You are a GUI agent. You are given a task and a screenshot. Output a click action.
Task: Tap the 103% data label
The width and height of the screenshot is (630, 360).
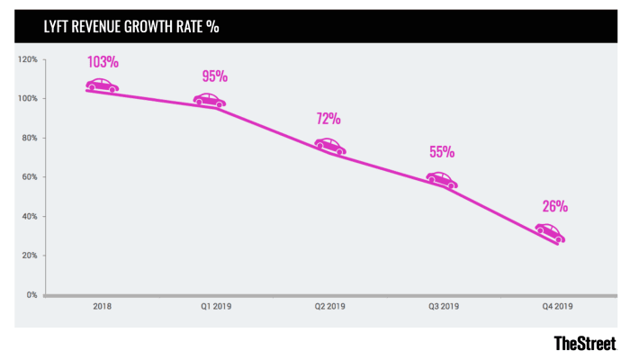click(x=103, y=63)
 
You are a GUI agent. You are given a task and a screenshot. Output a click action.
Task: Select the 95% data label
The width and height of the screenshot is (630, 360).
click(x=214, y=76)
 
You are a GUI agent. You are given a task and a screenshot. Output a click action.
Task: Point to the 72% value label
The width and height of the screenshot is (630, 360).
click(x=328, y=119)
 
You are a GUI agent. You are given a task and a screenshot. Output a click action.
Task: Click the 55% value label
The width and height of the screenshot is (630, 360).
click(x=442, y=152)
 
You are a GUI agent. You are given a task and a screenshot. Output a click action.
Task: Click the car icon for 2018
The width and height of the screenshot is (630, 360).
click(x=103, y=85)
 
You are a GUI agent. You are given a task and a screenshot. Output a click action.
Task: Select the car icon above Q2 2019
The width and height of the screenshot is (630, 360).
click(x=329, y=146)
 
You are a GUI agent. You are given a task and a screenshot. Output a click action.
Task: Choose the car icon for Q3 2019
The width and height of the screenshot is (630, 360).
click(x=442, y=180)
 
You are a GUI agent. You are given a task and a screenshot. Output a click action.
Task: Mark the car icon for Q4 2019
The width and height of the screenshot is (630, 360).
click(x=550, y=233)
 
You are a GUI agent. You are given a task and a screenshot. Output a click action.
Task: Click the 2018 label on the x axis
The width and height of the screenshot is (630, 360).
click(x=103, y=307)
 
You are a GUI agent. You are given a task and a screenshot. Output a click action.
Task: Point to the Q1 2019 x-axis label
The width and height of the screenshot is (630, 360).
click(x=216, y=307)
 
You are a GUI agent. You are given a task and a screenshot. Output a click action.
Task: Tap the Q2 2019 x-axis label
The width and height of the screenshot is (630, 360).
click(x=329, y=307)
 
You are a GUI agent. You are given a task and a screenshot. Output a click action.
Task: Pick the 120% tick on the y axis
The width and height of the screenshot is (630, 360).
click(x=28, y=59)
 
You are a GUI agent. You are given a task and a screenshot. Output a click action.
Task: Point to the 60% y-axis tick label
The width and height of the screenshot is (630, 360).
click(x=30, y=177)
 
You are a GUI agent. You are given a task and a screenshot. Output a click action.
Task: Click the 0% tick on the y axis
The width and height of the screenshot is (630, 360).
click(x=32, y=294)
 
